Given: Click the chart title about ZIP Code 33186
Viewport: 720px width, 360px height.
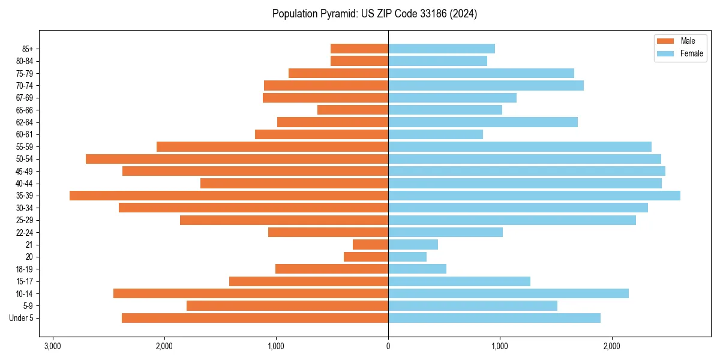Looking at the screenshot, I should (374, 14).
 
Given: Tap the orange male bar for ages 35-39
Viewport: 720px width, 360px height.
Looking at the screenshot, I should (229, 196).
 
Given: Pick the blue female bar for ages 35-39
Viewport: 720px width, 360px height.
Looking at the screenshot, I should (534, 196).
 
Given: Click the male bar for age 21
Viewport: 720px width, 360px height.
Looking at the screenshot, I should (370, 245).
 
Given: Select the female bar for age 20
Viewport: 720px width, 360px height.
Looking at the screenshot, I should (407, 257).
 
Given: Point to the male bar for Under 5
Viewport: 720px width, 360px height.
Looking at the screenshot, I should (255, 318).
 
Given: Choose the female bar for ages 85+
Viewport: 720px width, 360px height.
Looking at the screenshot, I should (442, 49).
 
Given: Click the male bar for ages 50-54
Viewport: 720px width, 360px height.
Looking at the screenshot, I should (237, 159).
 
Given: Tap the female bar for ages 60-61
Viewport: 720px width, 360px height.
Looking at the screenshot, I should (436, 134).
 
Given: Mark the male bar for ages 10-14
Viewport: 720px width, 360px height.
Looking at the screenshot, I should (251, 293).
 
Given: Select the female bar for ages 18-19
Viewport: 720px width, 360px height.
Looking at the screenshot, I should (417, 269).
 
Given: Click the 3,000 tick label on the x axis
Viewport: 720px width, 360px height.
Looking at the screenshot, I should (53, 347).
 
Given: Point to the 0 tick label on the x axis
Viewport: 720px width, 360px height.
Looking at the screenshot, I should (388, 347).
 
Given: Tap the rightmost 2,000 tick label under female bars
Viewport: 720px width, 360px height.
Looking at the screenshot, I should (612, 347).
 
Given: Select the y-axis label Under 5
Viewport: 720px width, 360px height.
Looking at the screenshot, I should (22, 318).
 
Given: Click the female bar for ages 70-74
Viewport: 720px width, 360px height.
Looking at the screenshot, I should (486, 85).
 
